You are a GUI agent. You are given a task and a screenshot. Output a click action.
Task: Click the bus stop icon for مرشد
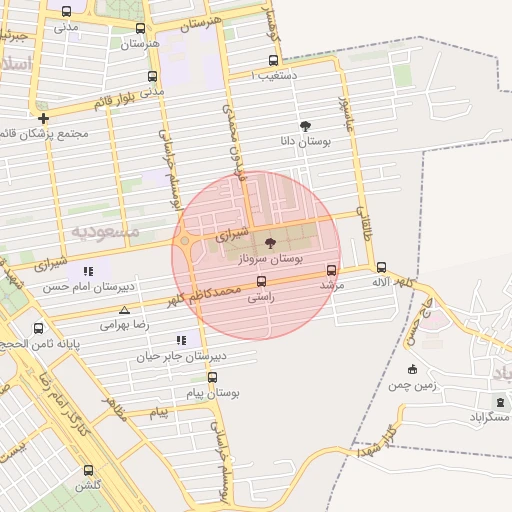(332, 269)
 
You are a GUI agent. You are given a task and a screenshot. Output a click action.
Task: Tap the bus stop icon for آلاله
(381, 267)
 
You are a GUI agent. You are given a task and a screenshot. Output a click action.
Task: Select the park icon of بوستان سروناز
(269, 243)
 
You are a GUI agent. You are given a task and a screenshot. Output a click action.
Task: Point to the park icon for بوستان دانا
(305, 127)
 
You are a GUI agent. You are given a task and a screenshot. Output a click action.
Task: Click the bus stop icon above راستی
(261, 281)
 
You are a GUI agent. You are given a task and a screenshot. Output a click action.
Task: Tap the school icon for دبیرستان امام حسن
(88, 270)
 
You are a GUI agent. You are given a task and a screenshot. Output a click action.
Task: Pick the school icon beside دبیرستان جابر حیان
(181, 340)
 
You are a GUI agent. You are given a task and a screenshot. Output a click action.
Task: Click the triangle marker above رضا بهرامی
(124, 310)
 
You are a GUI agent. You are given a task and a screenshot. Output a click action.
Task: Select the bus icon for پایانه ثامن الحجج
(38, 328)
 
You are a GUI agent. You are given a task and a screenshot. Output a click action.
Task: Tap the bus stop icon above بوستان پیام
(212, 377)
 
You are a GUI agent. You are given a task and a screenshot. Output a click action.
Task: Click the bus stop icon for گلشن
(88, 470)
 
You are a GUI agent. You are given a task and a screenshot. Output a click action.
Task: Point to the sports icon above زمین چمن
(410, 369)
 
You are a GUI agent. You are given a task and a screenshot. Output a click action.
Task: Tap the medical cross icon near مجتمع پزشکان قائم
(43, 118)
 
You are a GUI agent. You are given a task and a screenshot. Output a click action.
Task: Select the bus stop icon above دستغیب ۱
(274, 60)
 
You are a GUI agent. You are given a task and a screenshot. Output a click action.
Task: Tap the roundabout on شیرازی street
(185, 240)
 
